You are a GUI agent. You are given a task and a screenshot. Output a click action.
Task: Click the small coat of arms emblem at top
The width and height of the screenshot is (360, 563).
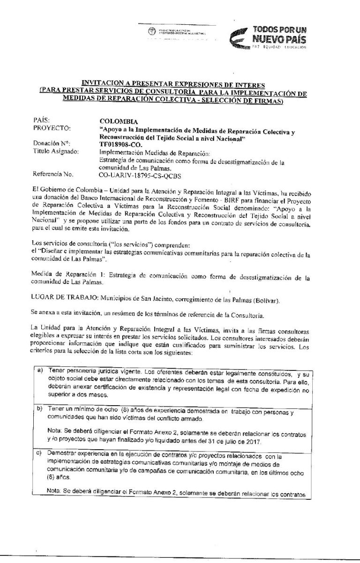[151, 32]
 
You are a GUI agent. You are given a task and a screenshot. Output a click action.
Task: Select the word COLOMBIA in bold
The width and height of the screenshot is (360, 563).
[117, 121]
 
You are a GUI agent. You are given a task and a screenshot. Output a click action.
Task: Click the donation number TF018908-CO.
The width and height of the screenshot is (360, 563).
[120, 144]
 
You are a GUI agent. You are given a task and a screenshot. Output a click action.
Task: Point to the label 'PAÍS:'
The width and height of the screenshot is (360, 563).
[42, 120]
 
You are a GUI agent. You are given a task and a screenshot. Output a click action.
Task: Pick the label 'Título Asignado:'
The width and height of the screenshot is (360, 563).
[56, 151]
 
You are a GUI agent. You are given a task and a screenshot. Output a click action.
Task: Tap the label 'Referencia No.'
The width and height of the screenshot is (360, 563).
[54, 175]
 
